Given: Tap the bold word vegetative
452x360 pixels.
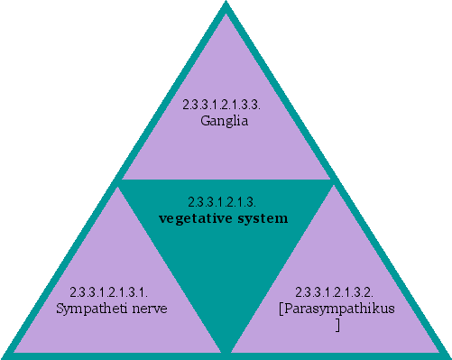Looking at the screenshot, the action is pyautogui.click(x=194, y=218).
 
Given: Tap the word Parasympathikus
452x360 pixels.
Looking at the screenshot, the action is pyautogui.click(x=340, y=309).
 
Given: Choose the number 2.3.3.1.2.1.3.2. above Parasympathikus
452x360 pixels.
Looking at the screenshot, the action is pyautogui.click(x=335, y=293).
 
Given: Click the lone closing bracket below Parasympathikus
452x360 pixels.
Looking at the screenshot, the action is pyautogui.click(x=337, y=323).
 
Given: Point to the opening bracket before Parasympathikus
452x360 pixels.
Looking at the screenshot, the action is pyautogui.click(x=281, y=309).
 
